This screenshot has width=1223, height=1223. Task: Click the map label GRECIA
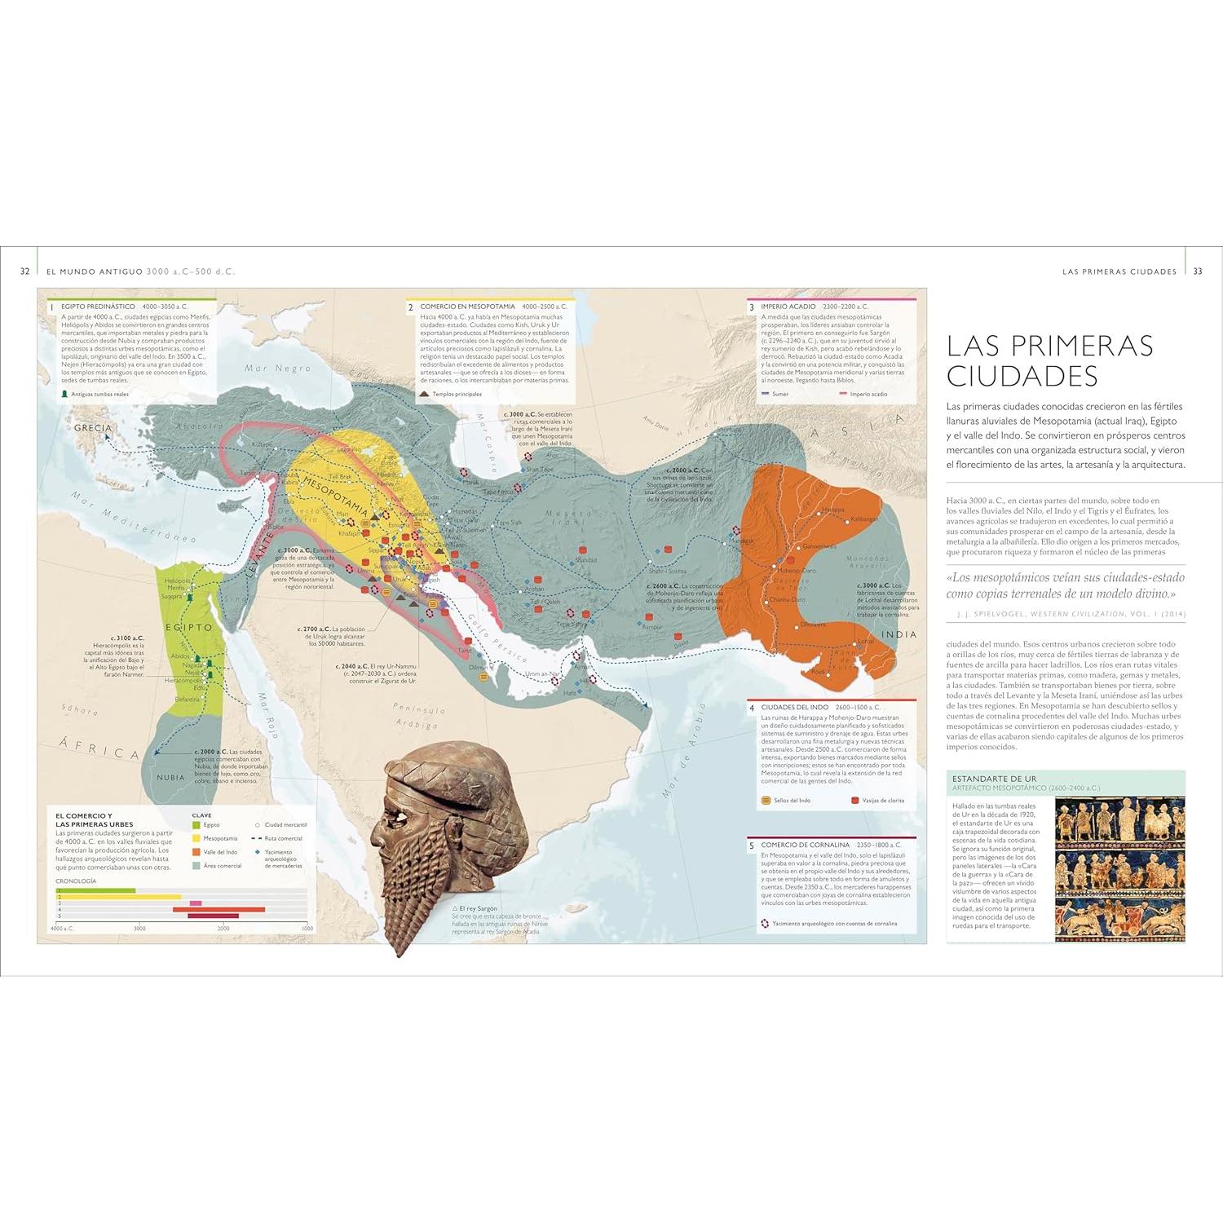(93, 428)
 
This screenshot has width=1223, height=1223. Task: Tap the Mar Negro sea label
(278, 369)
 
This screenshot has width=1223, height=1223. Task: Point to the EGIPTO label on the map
(189, 628)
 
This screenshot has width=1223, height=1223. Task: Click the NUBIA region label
(170, 777)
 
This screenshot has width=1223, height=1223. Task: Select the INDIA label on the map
(898, 634)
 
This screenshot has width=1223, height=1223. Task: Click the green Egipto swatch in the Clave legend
(196, 825)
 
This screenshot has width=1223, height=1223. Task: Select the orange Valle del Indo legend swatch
(196, 852)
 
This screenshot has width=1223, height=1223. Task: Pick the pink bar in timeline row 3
(196, 903)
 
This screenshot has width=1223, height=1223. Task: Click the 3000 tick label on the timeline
(139, 929)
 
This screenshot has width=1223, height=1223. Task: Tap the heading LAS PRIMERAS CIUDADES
(1049, 360)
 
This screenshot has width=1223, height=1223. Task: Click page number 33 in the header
(1197, 272)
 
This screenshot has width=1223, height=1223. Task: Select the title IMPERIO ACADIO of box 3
(788, 307)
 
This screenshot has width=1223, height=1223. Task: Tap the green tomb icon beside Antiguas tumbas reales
(64, 394)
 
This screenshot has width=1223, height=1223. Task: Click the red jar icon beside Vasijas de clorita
(855, 801)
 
